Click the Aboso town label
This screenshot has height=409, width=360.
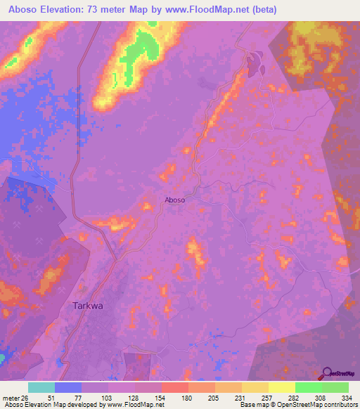(x=175, y=200)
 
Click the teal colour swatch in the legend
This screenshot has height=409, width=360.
(x=41, y=387)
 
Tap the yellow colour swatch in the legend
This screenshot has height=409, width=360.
(x=281, y=387)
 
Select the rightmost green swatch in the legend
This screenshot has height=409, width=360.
(x=335, y=387)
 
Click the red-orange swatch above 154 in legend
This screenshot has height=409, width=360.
(x=174, y=387)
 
